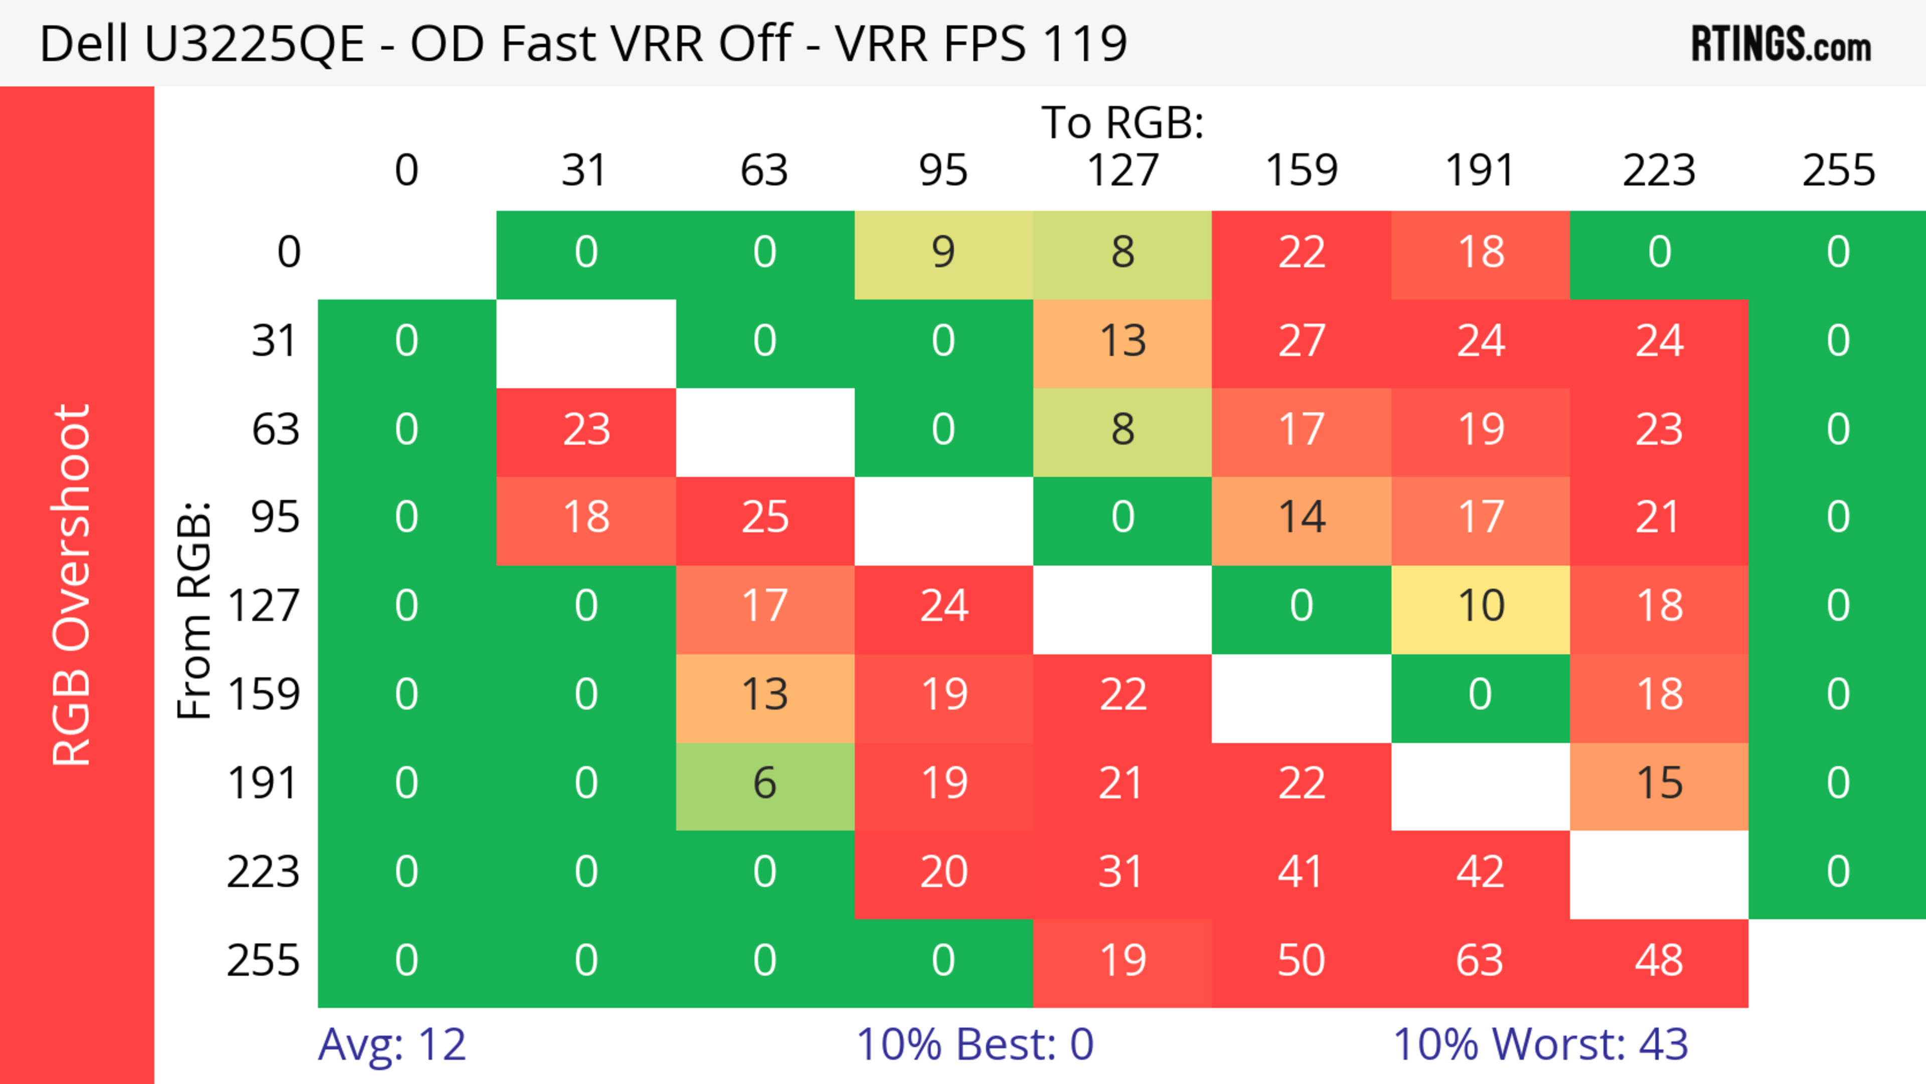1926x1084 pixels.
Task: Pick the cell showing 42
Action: point(1480,872)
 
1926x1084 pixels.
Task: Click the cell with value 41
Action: point(1301,872)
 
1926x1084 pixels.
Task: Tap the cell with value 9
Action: point(943,253)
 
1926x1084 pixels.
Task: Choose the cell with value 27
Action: point(1301,342)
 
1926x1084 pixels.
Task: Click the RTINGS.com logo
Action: point(1781,44)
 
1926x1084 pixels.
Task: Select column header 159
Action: point(1301,171)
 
